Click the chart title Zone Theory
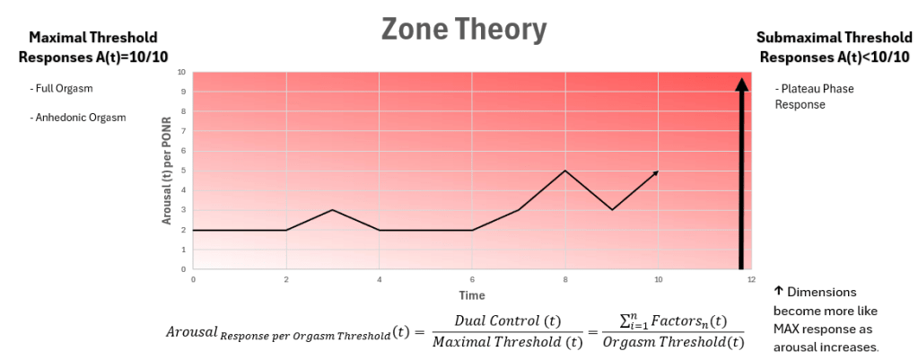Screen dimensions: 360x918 coord(463,30)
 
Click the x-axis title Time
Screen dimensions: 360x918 coord(471,295)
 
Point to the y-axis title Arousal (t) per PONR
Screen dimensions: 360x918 coord(168,171)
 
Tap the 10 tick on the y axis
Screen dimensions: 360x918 coord(182,72)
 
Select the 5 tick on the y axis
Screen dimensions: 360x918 coord(182,171)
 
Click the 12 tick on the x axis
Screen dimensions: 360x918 coord(751,280)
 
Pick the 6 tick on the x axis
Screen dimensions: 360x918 coord(472,280)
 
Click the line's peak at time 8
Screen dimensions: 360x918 coord(564,171)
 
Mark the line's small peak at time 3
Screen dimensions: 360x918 coord(332,210)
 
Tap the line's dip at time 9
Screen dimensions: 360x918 coord(611,210)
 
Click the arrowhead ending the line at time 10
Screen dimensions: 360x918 coord(656,172)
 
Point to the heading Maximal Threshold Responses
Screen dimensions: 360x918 coord(92,47)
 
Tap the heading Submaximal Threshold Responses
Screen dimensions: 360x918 coord(834,47)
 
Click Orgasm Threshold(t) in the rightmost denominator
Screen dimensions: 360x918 coord(674,341)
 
